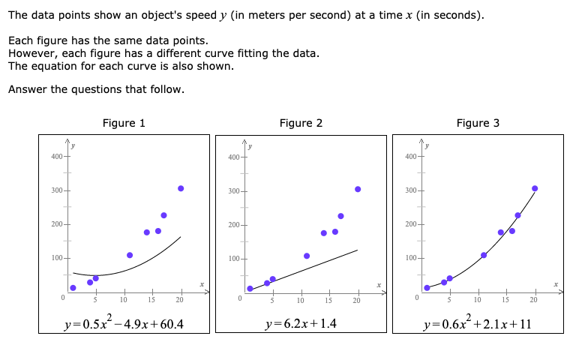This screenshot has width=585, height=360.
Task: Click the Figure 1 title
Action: click(124, 123)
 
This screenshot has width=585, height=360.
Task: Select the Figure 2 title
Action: click(301, 123)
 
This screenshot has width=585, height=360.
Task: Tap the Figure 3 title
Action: click(478, 123)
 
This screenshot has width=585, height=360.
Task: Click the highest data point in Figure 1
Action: click(181, 188)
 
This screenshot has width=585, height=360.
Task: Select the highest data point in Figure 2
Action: click(358, 189)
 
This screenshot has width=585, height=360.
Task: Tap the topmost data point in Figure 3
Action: click(535, 188)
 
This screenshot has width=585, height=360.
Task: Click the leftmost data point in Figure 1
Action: click(73, 288)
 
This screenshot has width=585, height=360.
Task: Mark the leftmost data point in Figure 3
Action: click(427, 288)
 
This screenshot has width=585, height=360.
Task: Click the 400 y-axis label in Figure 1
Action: click(56, 156)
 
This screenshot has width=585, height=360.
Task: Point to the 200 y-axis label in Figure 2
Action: click(233, 225)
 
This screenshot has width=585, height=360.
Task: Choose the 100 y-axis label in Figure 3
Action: click(410, 259)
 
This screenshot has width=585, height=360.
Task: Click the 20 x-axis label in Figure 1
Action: click(180, 301)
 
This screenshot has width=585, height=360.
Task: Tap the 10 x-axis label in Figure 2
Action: click(300, 301)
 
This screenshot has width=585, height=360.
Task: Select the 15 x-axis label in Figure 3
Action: click(505, 301)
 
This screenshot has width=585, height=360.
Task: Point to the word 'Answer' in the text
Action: click(26, 90)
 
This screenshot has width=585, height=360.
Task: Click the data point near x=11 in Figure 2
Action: click(307, 256)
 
